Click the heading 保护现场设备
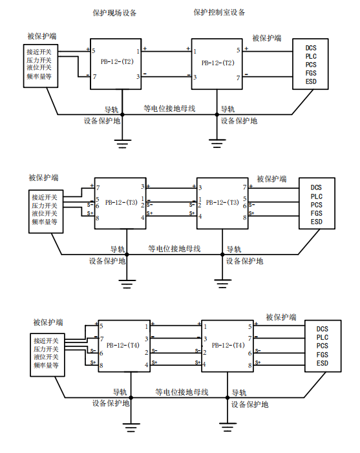(x=114, y=13)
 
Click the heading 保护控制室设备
(x=219, y=12)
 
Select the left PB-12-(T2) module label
(x=117, y=61)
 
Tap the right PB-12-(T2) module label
(x=218, y=63)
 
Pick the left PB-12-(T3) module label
(x=122, y=202)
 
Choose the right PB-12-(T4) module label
(x=228, y=345)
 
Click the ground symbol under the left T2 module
(x=122, y=144)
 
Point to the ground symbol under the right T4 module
(x=228, y=427)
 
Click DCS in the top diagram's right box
(x=311, y=48)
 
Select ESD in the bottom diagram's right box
(x=322, y=363)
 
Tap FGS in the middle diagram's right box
(x=316, y=213)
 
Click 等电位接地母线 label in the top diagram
(x=169, y=109)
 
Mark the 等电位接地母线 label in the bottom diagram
(x=182, y=392)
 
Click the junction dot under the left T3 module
(x=127, y=255)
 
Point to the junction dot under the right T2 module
(x=217, y=114)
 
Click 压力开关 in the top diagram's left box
(x=39, y=60)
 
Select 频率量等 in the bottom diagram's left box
(x=46, y=365)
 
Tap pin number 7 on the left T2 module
(x=94, y=76)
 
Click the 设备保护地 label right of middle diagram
(x=244, y=261)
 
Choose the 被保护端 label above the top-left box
(x=42, y=36)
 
